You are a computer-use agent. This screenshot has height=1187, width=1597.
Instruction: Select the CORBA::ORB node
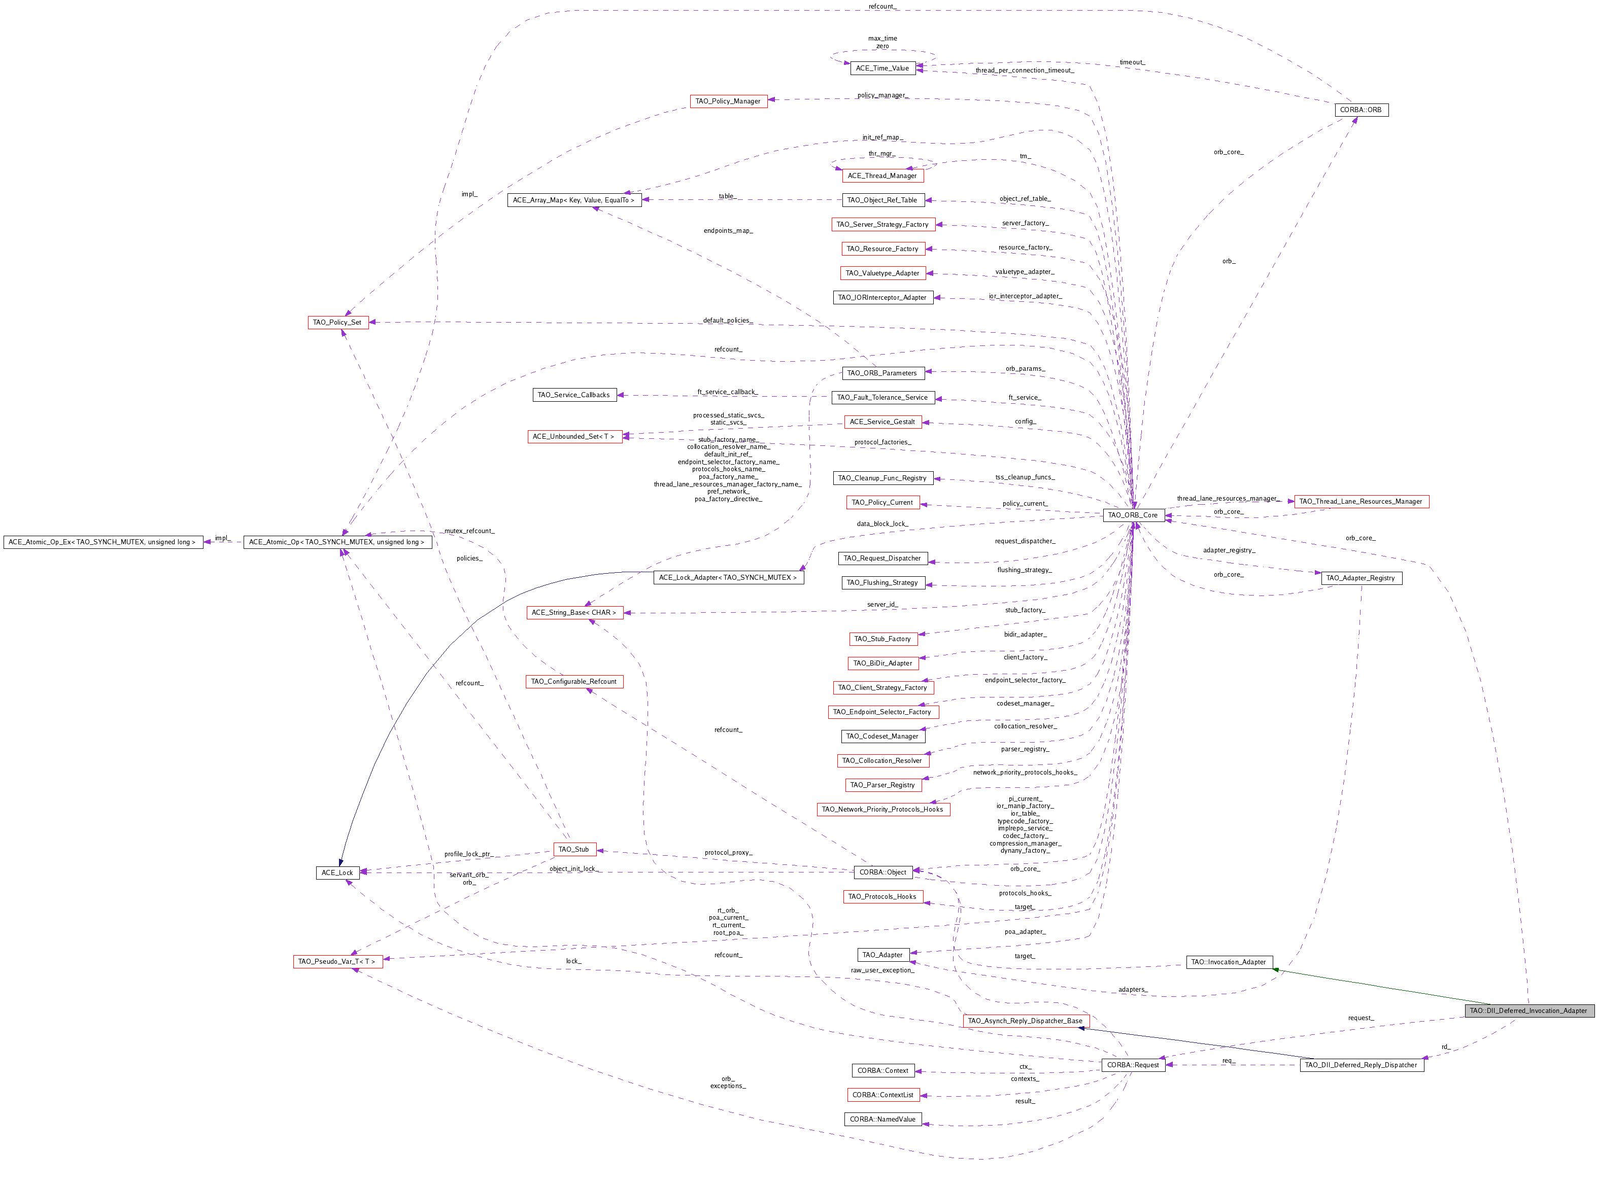pyautogui.click(x=1361, y=110)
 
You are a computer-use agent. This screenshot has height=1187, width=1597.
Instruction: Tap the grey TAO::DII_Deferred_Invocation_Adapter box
pyautogui.click(x=1528, y=1010)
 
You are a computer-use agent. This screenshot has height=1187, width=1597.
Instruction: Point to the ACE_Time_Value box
pyautogui.click(x=882, y=68)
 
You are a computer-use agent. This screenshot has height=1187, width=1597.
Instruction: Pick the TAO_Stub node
pyautogui.click(x=573, y=849)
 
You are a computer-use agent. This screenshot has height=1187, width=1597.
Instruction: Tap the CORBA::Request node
pyautogui.click(x=1133, y=1065)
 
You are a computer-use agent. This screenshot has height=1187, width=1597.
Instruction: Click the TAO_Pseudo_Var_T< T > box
pyautogui.click(x=337, y=961)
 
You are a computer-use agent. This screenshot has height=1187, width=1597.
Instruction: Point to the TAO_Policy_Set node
pyautogui.click(x=337, y=322)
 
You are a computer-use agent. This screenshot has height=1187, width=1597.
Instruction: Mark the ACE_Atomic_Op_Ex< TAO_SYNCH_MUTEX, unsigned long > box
pyautogui.click(x=102, y=542)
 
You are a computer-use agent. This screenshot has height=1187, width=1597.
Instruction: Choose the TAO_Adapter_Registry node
pyautogui.click(x=1361, y=578)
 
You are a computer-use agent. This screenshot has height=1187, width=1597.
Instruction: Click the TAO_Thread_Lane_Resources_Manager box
pyautogui.click(x=1361, y=502)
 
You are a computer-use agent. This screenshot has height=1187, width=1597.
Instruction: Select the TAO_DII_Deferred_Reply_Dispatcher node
pyautogui.click(x=1361, y=1065)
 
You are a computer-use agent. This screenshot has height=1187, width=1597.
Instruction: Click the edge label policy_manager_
pyautogui.click(x=882, y=95)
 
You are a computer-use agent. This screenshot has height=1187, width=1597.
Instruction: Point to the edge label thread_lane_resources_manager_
pyautogui.click(x=1228, y=498)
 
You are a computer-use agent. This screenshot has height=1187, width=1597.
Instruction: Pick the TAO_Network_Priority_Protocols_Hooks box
pyautogui.click(x=882, y=809)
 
